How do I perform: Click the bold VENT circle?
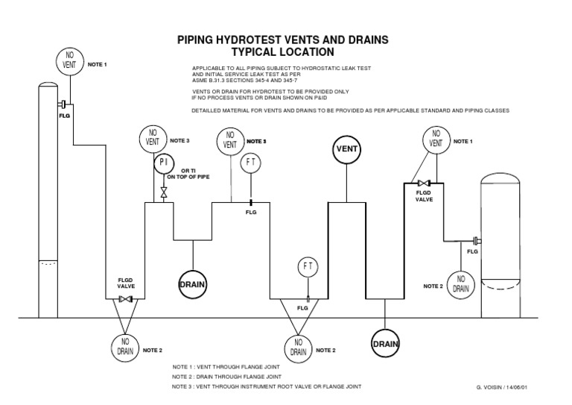coord(347,148)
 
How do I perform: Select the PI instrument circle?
coord(164,163)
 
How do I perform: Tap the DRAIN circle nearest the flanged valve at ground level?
coord(192,284)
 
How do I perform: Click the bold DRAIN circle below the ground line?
coord(385,344)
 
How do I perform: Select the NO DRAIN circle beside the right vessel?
coord(462,283)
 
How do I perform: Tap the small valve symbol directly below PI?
coord(164,192)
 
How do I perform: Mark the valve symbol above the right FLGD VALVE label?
coord(424,183)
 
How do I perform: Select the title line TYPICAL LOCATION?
coord(281,52)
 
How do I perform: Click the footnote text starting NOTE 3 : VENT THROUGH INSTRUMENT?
coord(267,386)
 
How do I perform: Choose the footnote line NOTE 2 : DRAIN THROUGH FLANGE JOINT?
coord(238,377)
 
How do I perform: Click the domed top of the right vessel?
coord(513,180)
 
